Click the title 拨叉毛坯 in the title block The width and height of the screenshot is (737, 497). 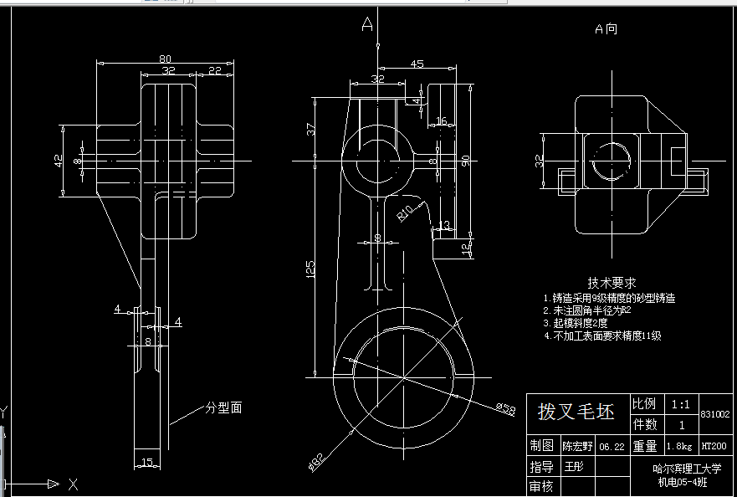click(576, 412)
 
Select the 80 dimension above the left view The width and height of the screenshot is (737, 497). click(165, 59)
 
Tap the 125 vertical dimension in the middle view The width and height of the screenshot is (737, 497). click(310, 269)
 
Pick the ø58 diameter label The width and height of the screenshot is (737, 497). click(505, 408)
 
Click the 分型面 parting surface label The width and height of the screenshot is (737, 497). click(223, 408)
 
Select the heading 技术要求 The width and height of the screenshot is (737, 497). click(612, 283)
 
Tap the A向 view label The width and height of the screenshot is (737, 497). click(606, 29)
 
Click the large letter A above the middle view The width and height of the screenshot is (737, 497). click(366, 25)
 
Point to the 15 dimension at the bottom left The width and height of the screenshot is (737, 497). click(146, 462)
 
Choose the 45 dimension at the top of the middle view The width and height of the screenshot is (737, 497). click(417, 64)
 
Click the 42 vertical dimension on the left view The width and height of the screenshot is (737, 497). click(59, 160)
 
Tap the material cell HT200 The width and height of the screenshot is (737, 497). click(714, 447)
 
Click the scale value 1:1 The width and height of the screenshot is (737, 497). click(680, 404)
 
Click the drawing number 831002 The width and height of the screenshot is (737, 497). click(715, 414)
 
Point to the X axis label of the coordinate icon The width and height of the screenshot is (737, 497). click(73, 484)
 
